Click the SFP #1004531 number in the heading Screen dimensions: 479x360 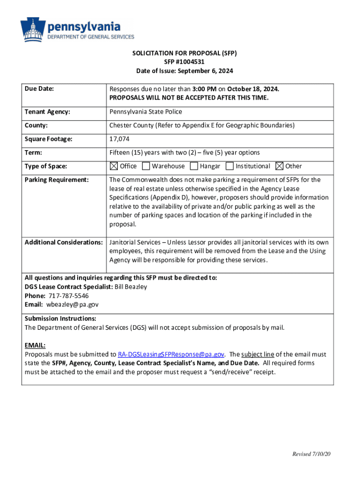point(184,62)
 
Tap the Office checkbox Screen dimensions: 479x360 point(114,166)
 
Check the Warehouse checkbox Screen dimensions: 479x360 point(146,166)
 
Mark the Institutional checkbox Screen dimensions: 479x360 point(230,166)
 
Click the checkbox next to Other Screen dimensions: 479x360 point(280,166)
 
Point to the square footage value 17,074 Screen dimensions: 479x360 point(119,139)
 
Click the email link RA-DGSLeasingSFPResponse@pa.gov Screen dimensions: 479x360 point(171,355)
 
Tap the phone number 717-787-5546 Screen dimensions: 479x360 point(68,296)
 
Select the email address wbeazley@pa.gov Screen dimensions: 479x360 point(72,305)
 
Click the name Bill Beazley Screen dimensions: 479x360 point(131,287)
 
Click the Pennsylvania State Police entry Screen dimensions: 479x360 point(145,112)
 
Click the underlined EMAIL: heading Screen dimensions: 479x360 point(35,345)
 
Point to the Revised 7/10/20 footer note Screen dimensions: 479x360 point(311,454)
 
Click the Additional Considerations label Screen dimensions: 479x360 point(64,242)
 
